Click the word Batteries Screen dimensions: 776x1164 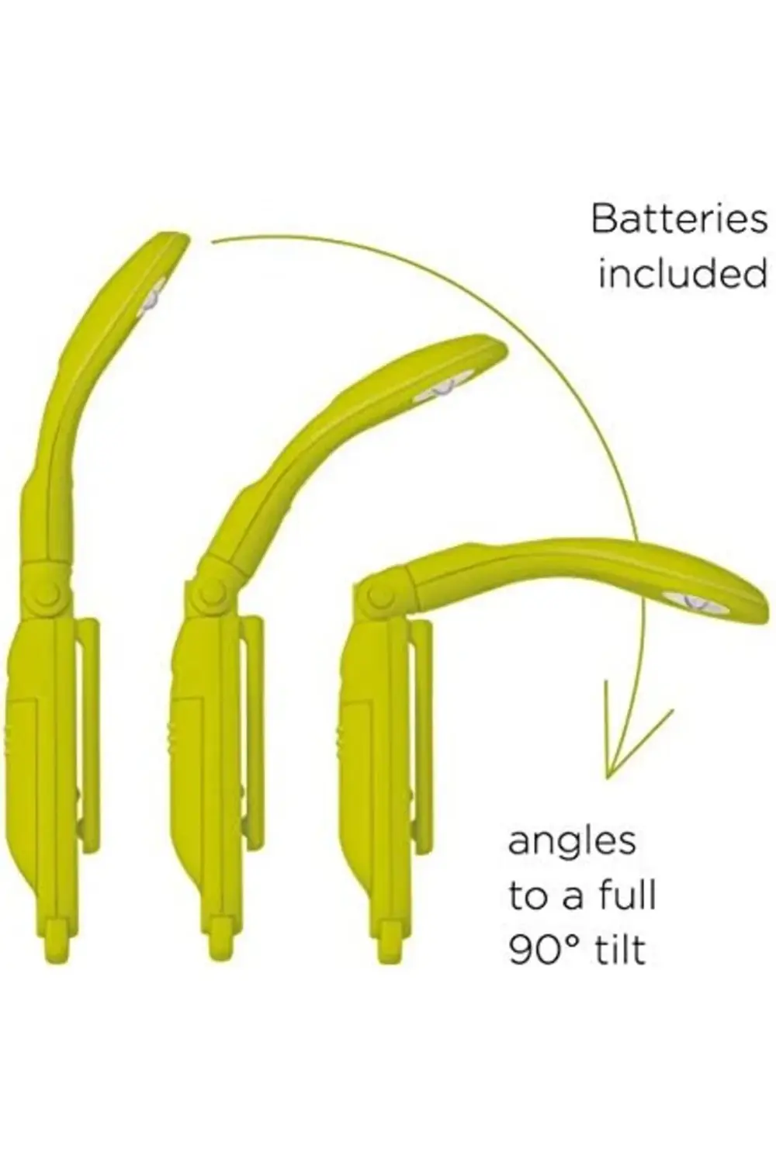(x=679, y=220)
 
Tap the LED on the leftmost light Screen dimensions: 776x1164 (x=152, y=300)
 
